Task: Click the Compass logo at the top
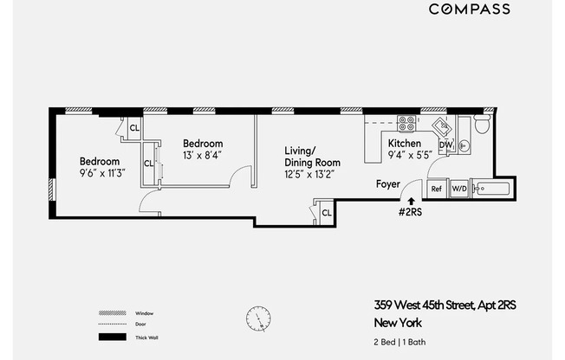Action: point(470,10)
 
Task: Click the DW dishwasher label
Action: point(445,145)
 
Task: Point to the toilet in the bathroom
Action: point(482,126)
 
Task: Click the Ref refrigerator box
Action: point(437,189)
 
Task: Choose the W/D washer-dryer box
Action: point(458,189)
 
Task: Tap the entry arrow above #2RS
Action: point(411,201)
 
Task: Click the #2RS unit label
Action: point(410,212)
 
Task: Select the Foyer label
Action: point(387,184)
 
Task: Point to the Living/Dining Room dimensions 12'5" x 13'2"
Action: point(310,174)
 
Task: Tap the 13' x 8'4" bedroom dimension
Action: point(204,155)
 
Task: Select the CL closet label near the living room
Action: point(326,212)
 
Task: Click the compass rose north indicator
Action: point(257,319)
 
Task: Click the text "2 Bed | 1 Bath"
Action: point(401,342)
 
